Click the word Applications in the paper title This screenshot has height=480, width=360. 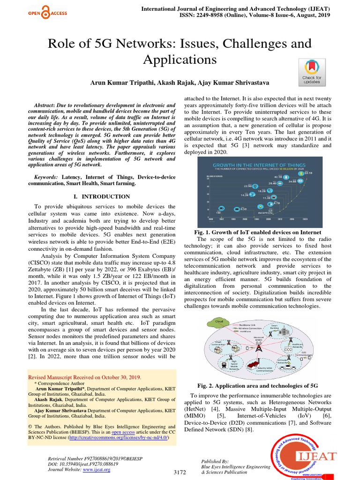coord(180,60)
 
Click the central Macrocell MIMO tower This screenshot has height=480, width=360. coord(258,347)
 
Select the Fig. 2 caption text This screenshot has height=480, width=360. coord(257,385)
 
